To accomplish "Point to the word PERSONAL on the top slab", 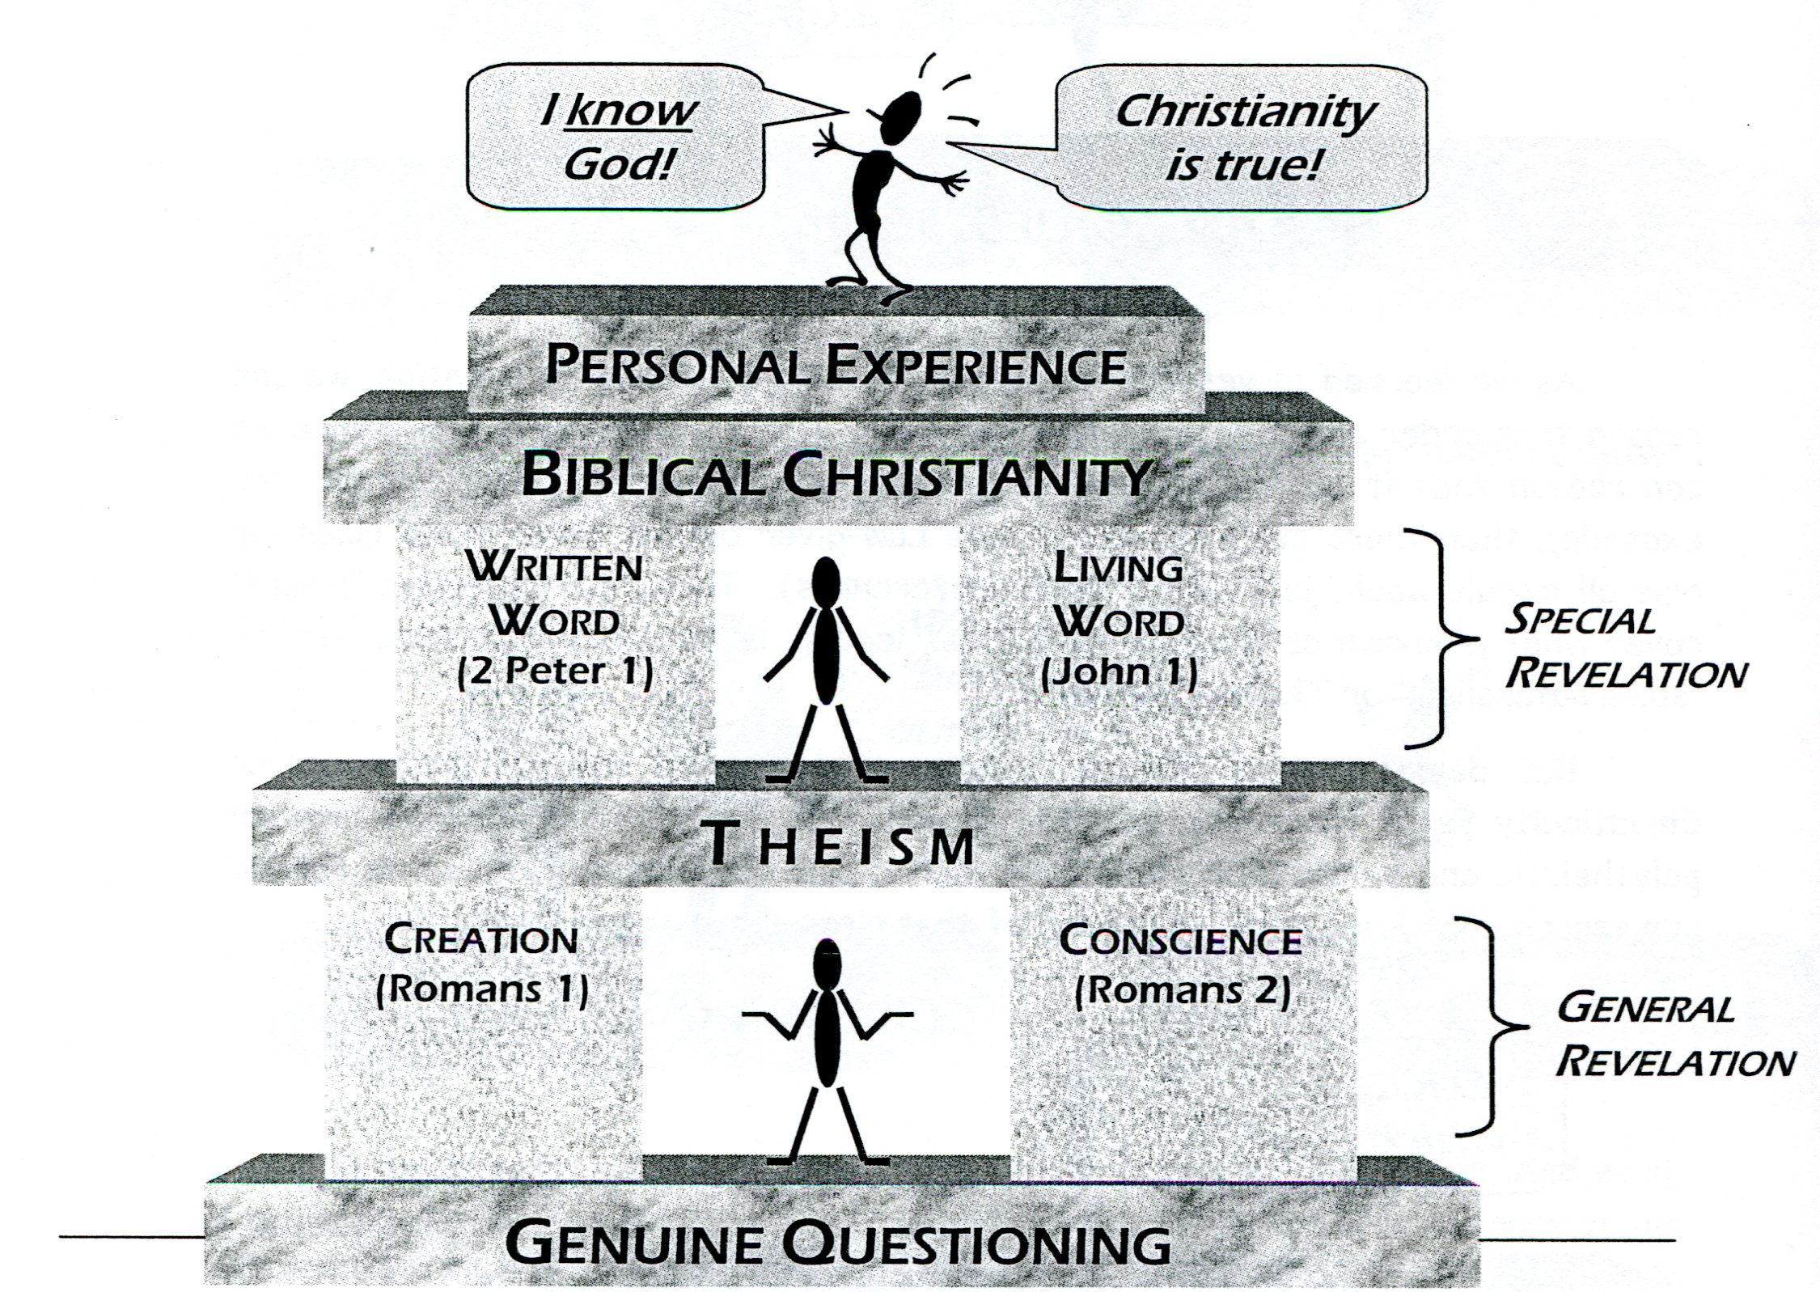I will (676, 366).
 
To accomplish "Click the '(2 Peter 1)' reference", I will (555, 671).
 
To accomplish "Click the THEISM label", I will (840, 845).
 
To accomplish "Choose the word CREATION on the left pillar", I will (481, 940).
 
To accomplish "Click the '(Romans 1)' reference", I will (482, 990).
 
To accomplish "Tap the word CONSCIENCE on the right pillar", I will (1180, 940).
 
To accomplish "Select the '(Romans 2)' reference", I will (1182, 990).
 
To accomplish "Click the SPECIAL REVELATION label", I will (1624, 647).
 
